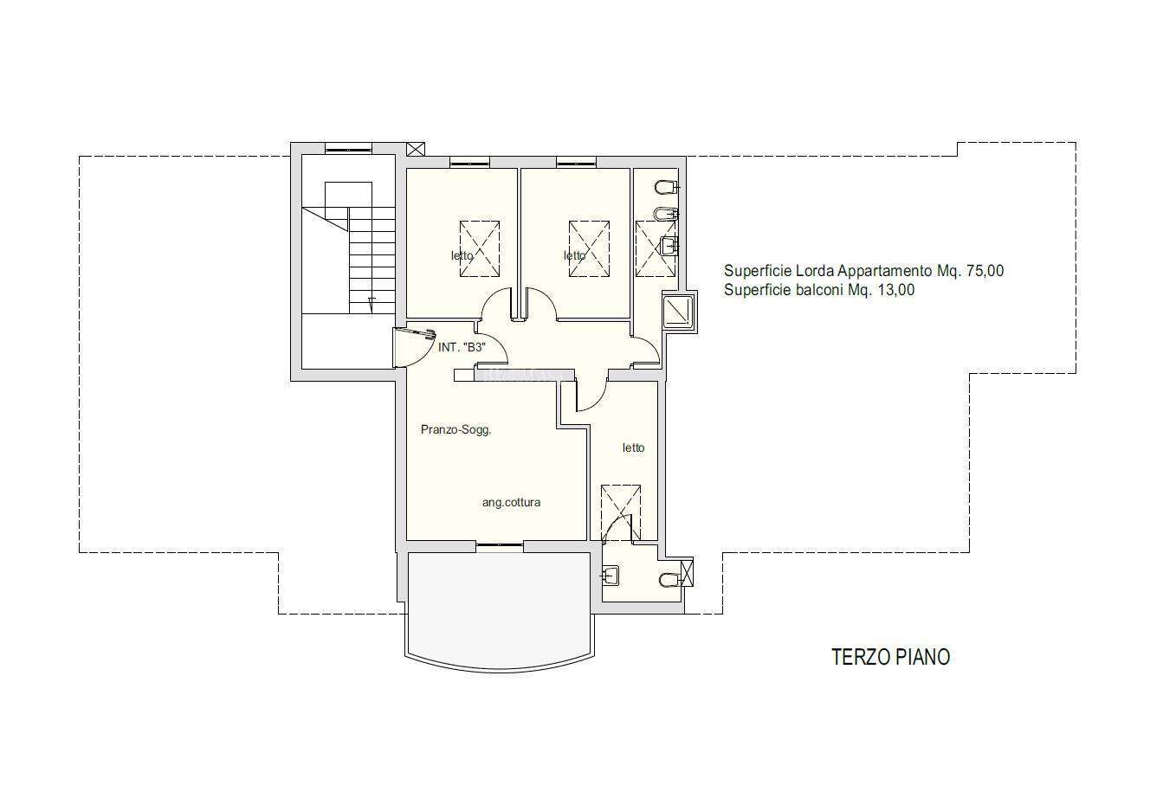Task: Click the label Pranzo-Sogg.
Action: [x=455, y=429]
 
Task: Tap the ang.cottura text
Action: [x=511, y=503]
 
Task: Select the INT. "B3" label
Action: [x=462, y=347]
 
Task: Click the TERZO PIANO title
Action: [x=891, y=657]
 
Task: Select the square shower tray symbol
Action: [x=679, y=312]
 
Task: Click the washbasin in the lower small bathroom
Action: [x=611, y=576]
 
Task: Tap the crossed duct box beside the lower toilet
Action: [x=687, y=571]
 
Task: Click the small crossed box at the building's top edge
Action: [x=416, y=150]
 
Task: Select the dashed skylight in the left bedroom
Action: [x=480, y=248]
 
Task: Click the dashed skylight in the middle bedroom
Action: [x=590, y=248]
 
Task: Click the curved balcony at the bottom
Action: [x=501, y=611]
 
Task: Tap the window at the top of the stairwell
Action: [x=348, y=149]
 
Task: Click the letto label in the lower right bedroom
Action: [x=634, y=448]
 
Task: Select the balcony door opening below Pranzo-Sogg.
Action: [x=500, y=545]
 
